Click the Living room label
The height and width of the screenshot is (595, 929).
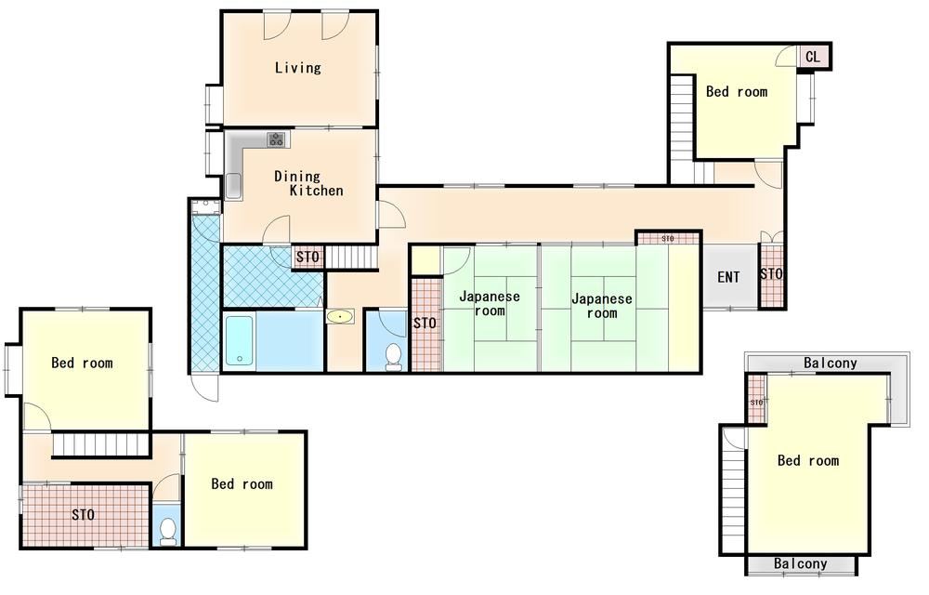pos(297,68)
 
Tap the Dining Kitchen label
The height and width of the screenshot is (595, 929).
pos(308,183)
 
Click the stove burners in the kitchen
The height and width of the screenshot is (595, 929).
pos(276,139)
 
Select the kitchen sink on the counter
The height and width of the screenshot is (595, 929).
pos(233,186)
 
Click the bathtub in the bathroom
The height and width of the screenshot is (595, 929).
pos(240,341)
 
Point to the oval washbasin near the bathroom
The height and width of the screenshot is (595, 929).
pos(339,316)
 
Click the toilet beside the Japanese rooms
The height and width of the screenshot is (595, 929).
pos(393,357)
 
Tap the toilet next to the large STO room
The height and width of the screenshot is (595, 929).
pos(168,531)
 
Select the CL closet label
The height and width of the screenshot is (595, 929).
pos(813,57)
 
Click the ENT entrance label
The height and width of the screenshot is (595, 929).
pos(728,277)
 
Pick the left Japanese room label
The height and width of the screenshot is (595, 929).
pos(490,303)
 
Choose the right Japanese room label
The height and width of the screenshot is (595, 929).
pos(602,306)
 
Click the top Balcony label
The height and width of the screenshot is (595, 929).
pos(830,363)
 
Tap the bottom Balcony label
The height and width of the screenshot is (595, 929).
pos(801,563)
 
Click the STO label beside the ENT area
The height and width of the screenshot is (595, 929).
pos(771,274)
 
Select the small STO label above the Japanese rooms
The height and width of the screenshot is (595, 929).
pos(668,238)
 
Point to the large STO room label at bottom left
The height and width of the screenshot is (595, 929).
pos(83,514)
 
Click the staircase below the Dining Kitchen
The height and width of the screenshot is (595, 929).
pos(352,258)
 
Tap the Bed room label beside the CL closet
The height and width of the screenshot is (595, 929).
pos(737,92)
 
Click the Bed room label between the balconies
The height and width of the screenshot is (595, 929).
pos(808,460)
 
